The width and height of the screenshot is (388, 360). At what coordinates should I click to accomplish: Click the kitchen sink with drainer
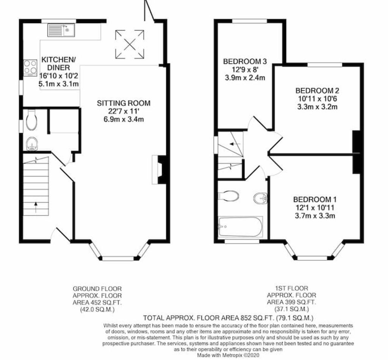61,30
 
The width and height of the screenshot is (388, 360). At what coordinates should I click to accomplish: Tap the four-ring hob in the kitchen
30,68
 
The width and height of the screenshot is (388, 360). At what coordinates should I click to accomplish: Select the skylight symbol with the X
130,44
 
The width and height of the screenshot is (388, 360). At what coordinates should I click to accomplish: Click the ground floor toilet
31,120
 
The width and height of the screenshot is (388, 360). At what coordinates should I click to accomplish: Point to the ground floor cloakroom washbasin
32,144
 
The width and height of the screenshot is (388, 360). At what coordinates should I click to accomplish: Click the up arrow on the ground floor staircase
36,208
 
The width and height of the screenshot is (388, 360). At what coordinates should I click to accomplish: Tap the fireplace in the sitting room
160,170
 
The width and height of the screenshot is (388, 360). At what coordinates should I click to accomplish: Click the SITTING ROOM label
124,103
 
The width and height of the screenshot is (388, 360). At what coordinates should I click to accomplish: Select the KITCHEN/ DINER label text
59,63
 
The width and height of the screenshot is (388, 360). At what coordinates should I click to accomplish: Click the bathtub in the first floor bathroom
240,227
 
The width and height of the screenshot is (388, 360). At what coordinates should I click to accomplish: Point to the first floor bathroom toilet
228,196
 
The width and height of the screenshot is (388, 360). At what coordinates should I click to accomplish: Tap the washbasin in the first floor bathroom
260,198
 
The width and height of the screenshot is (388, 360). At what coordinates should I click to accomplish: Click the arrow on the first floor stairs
235,144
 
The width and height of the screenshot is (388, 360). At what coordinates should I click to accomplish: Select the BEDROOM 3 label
245,61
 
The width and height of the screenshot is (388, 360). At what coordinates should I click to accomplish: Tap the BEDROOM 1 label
315,200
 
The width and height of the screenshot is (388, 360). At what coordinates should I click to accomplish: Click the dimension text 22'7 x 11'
124,111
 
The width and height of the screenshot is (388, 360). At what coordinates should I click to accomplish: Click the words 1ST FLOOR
291,288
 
